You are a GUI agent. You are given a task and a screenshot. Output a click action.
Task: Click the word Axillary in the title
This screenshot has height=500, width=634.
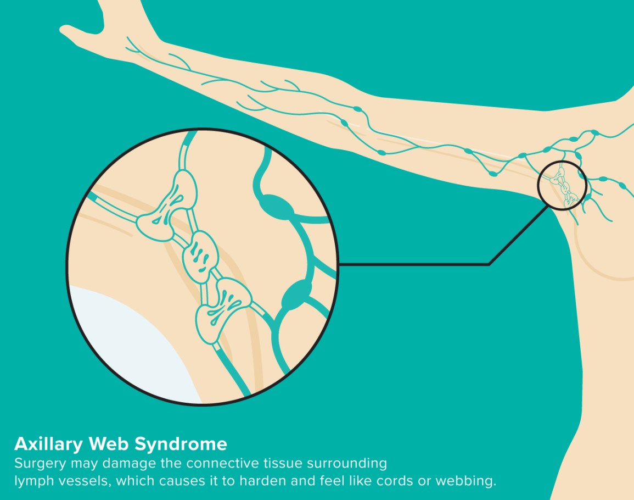coord(47,444)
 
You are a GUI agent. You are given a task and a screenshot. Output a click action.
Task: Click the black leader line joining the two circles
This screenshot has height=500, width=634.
coord(439,264)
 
